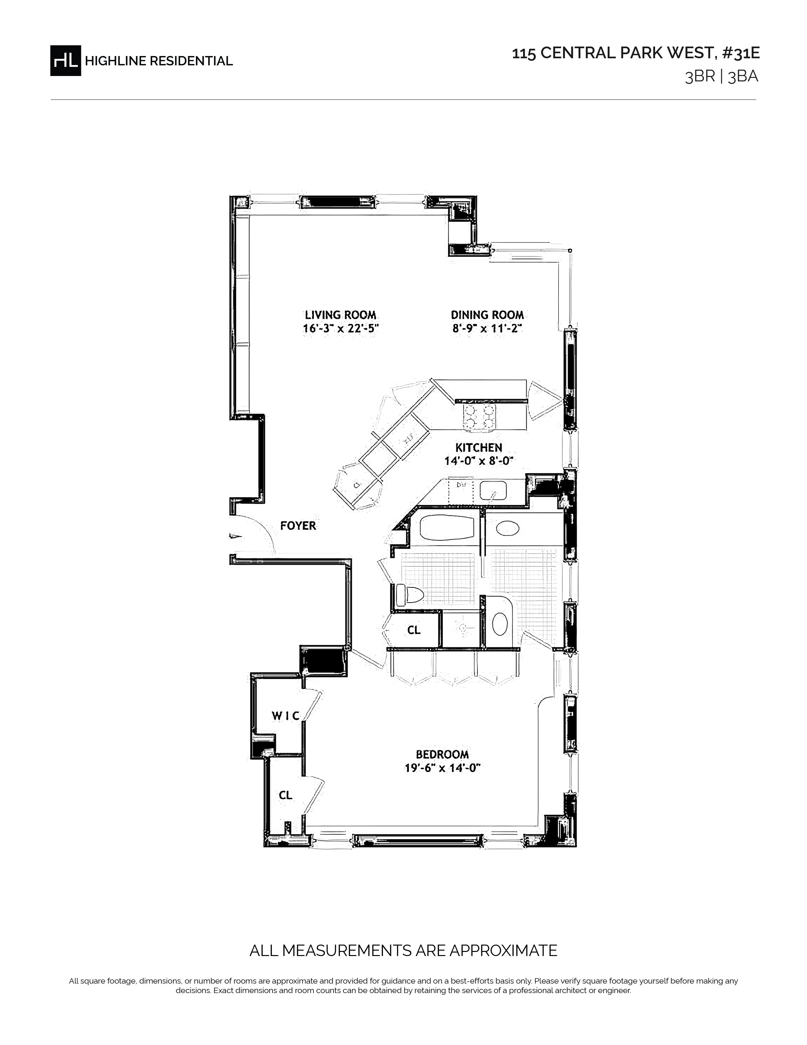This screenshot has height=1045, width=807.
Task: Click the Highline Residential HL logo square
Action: [x=66, y=60]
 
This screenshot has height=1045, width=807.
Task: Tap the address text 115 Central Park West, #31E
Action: [x=636, y=53]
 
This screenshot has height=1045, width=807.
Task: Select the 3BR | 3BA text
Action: [x=722, y=77]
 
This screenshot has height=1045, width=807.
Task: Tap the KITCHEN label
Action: [x=479, y=447]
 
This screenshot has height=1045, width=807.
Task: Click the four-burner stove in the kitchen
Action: [x=479, y=416]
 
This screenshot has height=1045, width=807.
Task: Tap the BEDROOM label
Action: [x=442, y=755]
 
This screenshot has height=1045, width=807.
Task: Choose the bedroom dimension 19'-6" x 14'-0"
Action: [x=442, y=769]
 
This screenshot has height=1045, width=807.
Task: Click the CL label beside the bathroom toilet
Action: [x=414, y=630]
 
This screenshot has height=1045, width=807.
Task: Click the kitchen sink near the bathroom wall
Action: [x=493, y=491]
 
